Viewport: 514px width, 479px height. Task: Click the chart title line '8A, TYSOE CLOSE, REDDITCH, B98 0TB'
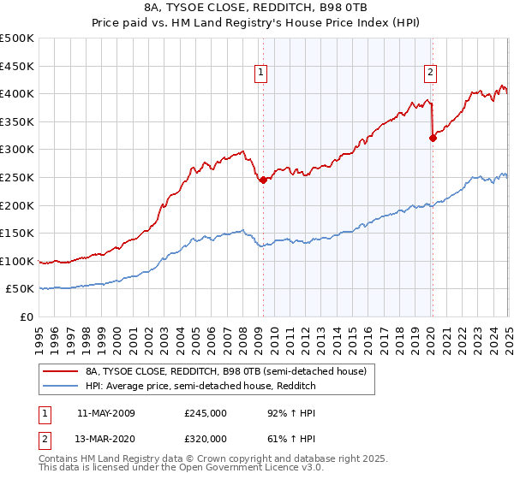point(257,9)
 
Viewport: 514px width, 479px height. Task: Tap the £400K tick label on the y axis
point(17,93)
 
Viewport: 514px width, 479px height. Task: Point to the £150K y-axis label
point(17,233)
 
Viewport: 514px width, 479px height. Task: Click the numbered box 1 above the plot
point(260,73)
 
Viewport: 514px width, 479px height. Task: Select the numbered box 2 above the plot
point(430,73)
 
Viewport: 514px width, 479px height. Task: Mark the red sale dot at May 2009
point(263,180)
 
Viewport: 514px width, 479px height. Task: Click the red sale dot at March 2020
point(433,138)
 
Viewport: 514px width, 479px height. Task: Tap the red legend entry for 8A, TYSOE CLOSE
point(226,371)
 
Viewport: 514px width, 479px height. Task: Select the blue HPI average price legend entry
point(200,386)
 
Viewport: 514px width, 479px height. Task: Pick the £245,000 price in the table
point(205,412)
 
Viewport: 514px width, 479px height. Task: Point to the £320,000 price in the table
point(205,439)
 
